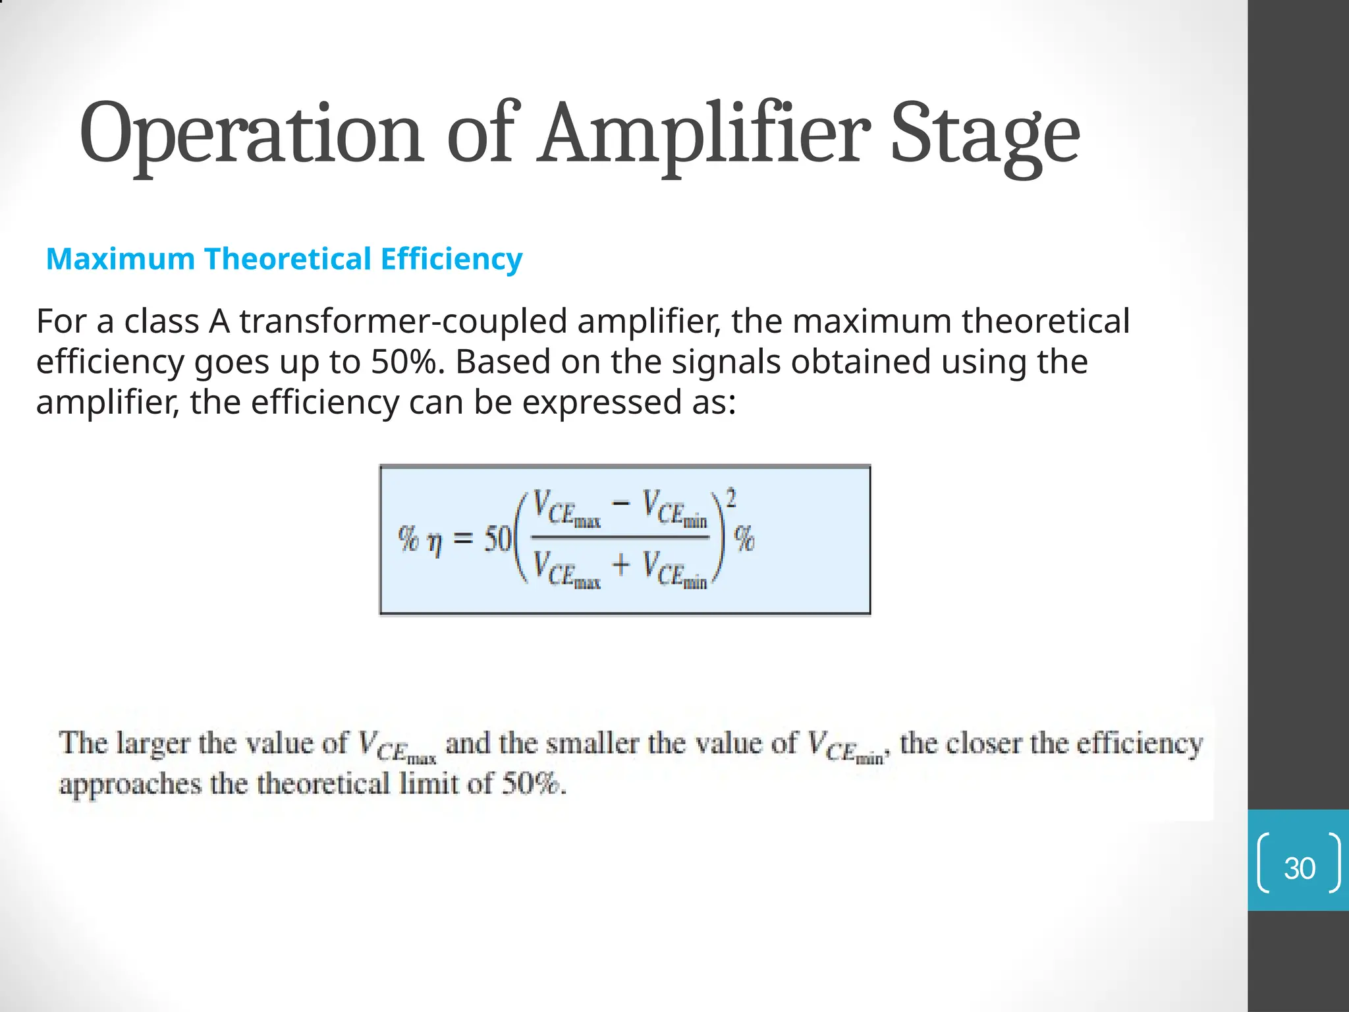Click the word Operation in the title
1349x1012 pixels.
250,134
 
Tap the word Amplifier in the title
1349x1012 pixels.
702,134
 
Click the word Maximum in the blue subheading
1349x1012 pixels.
121,259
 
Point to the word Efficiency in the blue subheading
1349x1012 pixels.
451,259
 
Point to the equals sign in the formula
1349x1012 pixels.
463,540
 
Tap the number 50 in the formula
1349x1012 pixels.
497,540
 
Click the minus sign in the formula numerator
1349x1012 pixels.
620,504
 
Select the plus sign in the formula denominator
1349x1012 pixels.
620,565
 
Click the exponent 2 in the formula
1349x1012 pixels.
730,497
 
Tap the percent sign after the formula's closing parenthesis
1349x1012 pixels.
745,540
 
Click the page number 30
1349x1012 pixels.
1299,868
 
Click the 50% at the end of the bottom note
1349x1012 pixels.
530,784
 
